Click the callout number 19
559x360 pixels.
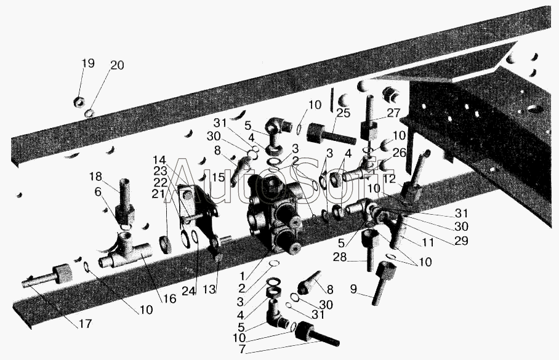click(88, 63)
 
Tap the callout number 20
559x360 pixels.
click(117, 66)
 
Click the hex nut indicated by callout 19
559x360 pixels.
click(79, 102)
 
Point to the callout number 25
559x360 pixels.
click(344, 113)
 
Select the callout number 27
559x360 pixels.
click(393, 113)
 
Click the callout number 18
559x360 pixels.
click(95, 177)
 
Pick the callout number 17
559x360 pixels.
click(85, 324)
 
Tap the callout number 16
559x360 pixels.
click(170, 298)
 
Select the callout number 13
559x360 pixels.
click(209, 289)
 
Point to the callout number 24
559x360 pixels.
click(189, 291)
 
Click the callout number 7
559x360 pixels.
click(242, 350)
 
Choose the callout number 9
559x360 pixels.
click(353, 289)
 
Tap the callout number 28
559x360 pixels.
click(340, 257)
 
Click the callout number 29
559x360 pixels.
click(461, 241)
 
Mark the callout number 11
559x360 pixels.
click(427, 242)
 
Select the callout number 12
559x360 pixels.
click(390, 179)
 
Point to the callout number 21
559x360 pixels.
click(159, 194)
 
